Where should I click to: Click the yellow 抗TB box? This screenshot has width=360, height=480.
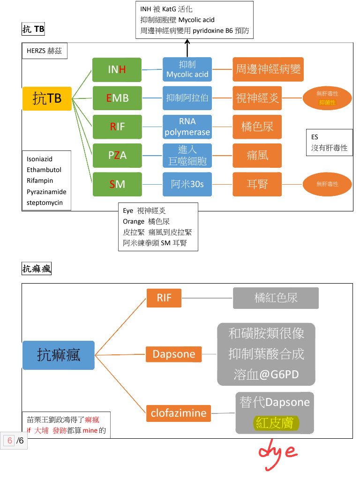coord(47,98)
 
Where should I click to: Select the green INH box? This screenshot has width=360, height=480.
coord(117,70)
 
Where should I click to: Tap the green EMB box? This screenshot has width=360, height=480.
coord(117,98)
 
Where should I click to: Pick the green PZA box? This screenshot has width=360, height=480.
coord(117,155)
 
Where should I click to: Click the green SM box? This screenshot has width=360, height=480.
coord(117,184)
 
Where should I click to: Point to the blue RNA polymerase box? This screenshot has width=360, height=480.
coord(187,127)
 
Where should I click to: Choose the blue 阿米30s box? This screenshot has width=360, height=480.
coord(187,184)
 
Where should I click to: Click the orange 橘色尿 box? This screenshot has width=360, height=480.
coord(257,127)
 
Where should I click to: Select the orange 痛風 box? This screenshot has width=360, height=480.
coord(257,155)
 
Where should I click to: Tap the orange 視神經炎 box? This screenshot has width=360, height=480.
coord(257,98)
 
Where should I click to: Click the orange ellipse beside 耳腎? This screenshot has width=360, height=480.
coord(327,184)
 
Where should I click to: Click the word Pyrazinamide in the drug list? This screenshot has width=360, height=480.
coord(46,192)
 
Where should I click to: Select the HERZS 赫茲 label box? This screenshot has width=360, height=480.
coord(45,51)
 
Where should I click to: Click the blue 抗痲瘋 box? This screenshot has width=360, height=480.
coord(59,355)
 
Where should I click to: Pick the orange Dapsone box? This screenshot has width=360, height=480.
coord(174,354)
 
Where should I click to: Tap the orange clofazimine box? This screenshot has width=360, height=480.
coord(179,413)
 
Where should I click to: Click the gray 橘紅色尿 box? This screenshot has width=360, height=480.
coord(276,298)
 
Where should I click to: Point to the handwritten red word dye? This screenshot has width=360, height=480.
coord(277,451)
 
